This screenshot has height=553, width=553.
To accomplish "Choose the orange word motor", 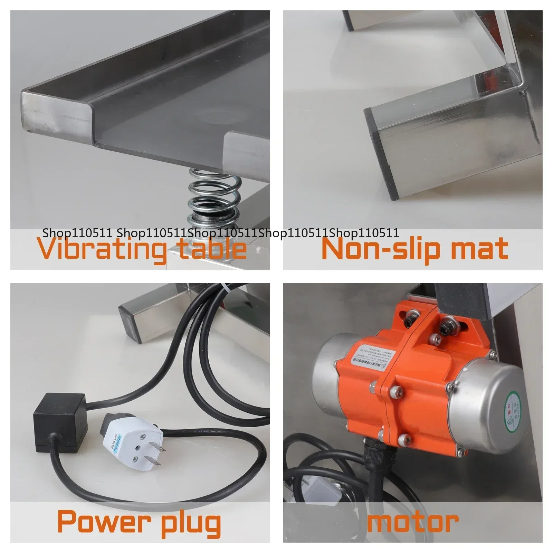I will (412, 522).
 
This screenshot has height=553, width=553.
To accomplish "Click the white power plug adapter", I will (131, 442).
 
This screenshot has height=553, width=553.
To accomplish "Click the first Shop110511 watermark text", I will (78, 233).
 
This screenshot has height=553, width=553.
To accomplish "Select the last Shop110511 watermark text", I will (364, 233).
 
